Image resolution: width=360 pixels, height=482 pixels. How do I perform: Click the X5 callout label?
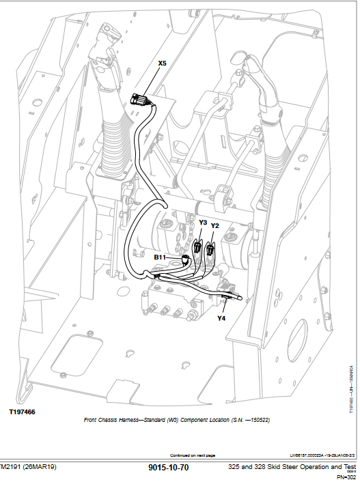162,63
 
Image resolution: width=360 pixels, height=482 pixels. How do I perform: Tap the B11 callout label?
160,257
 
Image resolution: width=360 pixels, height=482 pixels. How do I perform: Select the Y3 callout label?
203,223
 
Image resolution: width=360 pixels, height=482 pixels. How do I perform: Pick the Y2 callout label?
214,225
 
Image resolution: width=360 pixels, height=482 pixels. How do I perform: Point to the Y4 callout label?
221,317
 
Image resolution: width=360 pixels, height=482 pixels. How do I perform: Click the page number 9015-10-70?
168,468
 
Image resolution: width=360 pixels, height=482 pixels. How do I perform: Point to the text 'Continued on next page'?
192,455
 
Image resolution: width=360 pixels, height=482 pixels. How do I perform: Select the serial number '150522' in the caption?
258,421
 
